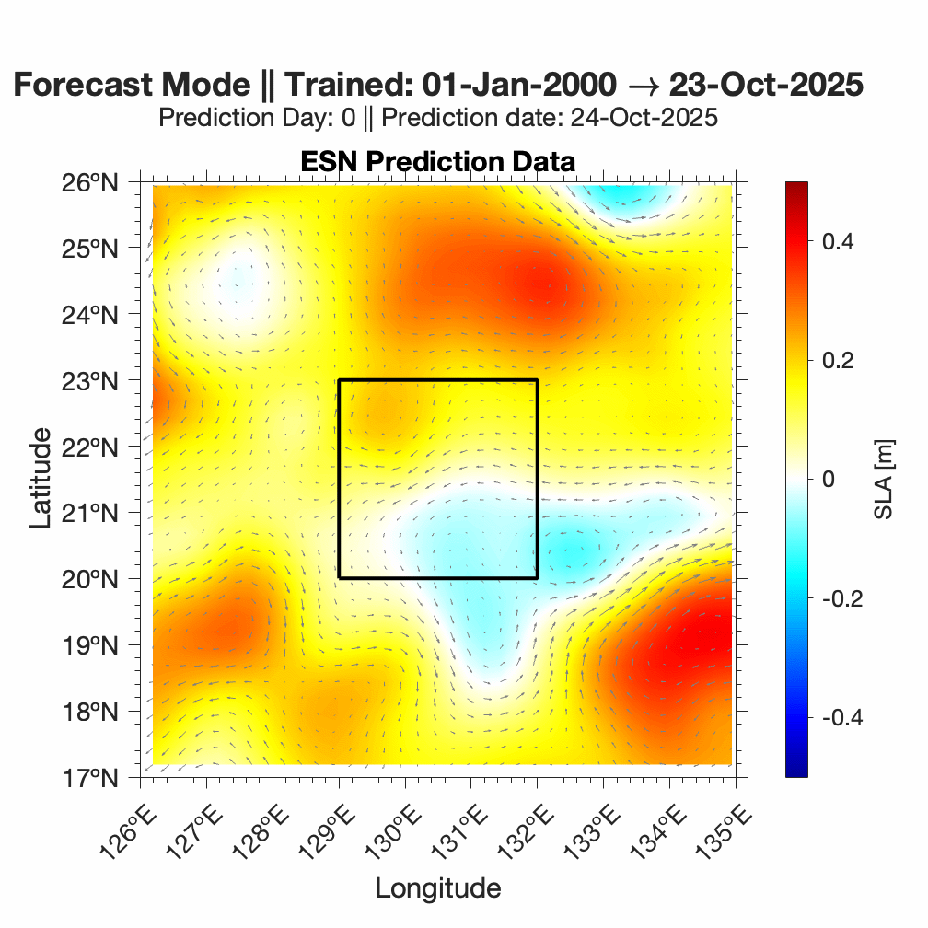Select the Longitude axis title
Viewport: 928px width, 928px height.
pos(437,888)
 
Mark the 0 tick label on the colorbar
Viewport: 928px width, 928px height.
pos(828,480)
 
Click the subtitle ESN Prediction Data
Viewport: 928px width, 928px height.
pos(437,162)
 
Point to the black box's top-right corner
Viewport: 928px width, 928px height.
pos(538,380)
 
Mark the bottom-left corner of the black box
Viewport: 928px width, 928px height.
pos(339,578)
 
